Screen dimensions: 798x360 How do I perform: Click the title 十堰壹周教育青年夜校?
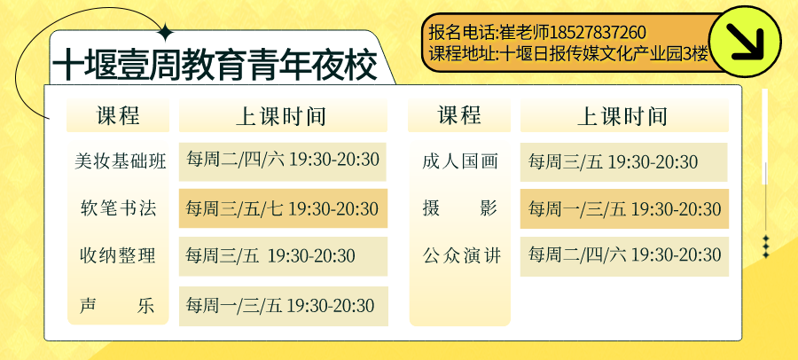(215, 65)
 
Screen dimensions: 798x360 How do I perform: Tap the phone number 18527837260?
(598, 33)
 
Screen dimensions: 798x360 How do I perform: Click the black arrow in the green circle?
(745, 42)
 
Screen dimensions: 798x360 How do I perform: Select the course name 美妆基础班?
(120, 161)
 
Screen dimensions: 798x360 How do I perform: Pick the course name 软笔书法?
(118, 208)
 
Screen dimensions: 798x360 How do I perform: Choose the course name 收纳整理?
(118, 255)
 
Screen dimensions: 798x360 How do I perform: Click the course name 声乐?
(117, 306)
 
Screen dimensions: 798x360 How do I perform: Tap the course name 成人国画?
(459, 161)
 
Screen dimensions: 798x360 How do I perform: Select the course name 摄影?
(459, 208)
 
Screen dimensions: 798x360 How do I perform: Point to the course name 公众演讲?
(462, 255)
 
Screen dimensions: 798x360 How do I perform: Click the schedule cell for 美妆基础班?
(283, 161)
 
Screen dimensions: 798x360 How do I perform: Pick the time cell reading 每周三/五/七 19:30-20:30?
(283, 208)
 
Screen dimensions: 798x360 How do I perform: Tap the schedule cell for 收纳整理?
(283, 256)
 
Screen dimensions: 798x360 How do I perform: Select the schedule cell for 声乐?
(284, 306)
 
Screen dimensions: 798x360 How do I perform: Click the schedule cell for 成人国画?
(623, 162)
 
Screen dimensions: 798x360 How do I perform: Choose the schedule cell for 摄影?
(624, 208)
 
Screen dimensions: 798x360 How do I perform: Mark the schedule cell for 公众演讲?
(624, 256)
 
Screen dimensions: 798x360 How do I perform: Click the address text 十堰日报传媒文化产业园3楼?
(605, 53)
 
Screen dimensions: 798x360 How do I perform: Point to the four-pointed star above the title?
(166, 33)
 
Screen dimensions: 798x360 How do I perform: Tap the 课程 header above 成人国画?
(459, 115)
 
